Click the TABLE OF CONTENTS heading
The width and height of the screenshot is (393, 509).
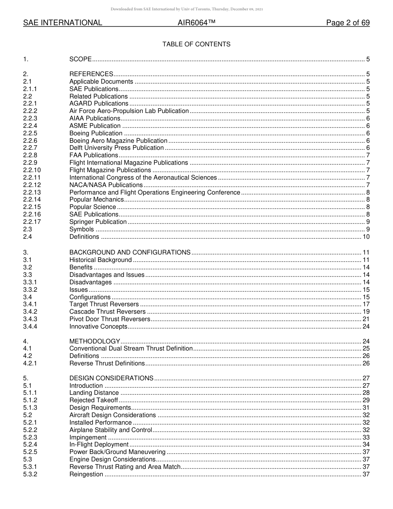point(196,44)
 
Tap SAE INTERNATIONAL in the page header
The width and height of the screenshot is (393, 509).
point(62,23)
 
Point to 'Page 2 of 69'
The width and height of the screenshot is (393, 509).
point(347,23)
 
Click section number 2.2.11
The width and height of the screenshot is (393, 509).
point(32,178)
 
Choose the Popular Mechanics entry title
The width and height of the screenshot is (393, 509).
point(96,199)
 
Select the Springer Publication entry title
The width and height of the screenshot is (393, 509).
point(98,222)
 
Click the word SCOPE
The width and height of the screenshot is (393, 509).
point(80,60)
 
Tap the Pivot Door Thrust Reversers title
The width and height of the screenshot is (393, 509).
point(110,319)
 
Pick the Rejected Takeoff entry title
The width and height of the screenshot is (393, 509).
point(93,400)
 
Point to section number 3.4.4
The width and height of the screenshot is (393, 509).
point(30,327)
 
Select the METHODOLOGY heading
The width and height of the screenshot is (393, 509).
point(95,341)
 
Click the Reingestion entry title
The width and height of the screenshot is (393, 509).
point(86,474)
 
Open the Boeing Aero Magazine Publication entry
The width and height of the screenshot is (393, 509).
point(118,141)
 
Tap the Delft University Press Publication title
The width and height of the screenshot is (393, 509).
point(117,148)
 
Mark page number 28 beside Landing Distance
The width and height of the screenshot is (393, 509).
point(366,393)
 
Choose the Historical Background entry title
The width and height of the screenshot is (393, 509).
point(101,260)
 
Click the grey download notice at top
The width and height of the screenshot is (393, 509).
point(196,9)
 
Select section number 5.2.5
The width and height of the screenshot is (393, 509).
point(30,452)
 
